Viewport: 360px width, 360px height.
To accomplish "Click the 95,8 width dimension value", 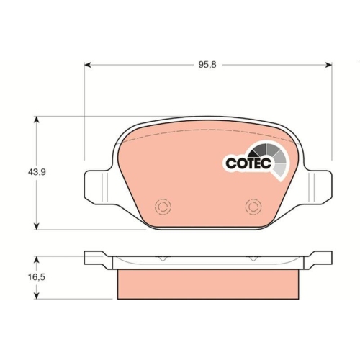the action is click(x=207, y=65).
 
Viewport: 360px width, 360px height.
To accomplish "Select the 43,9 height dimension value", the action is click(x=37, y=172).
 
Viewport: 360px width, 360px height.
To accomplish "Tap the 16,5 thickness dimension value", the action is click(x=37, y=277).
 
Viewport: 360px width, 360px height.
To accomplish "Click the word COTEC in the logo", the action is click(x=248, y=163).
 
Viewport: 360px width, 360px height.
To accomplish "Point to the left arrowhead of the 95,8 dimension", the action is click(x=88, y=65).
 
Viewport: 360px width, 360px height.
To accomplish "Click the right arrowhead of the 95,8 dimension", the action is click(x=328, y=65).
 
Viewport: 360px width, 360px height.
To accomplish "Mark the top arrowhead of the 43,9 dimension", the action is click(x=36, y=120).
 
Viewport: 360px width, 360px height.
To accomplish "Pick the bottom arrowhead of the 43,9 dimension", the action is click(x=36, y=226).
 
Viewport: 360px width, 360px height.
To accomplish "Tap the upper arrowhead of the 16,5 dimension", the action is click(x=36, y=260).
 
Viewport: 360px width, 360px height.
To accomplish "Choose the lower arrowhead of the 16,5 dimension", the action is click(x=36, y=295).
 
